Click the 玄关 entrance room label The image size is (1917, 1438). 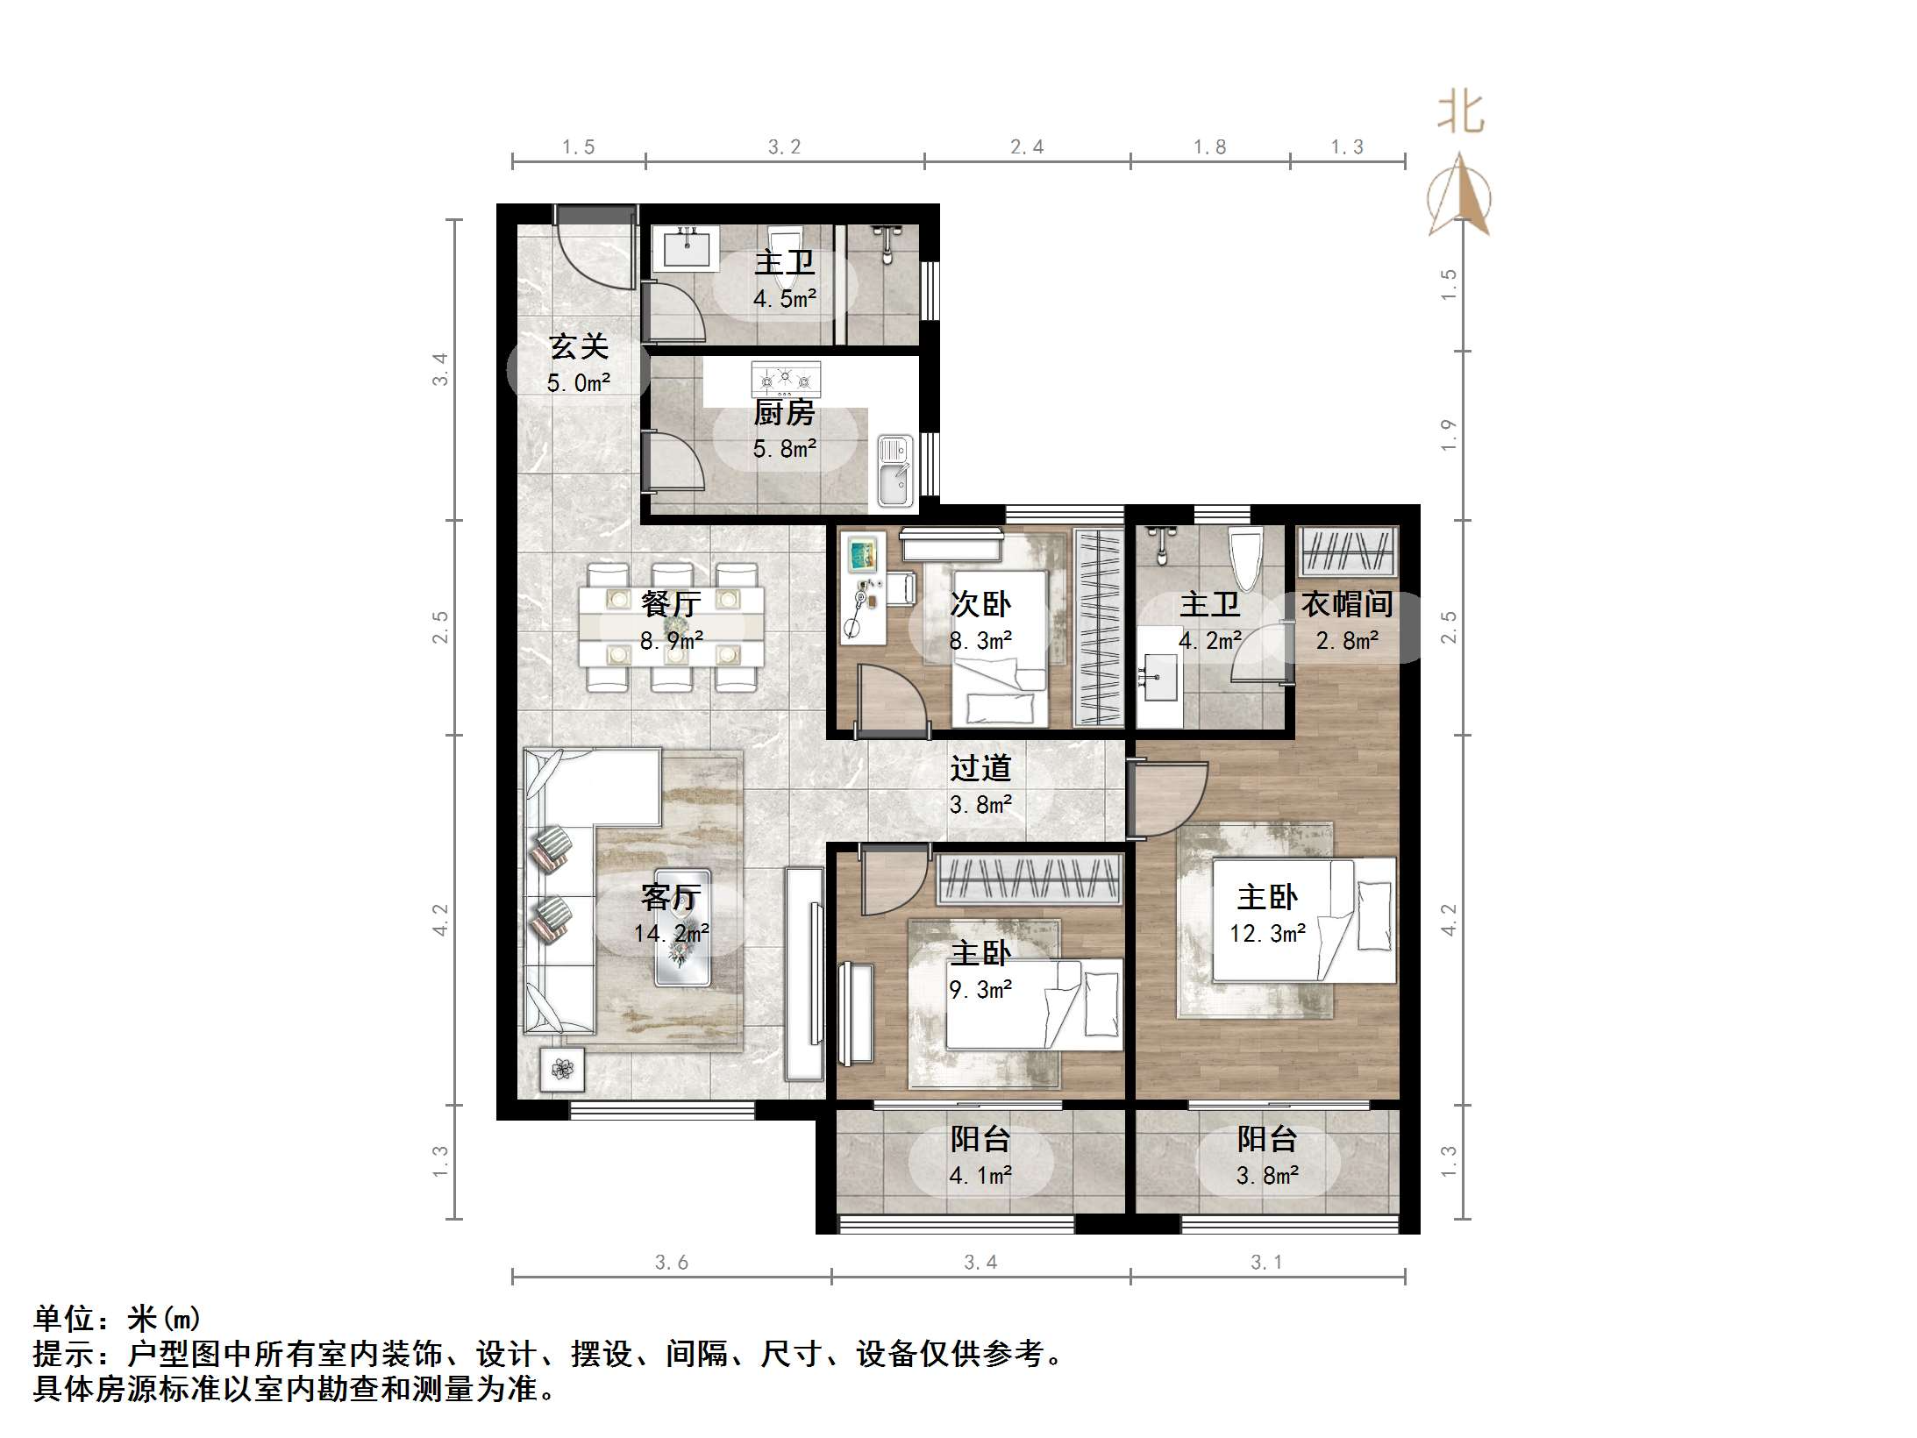tap(578, 347)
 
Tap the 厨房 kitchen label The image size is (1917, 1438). tap(784, 413)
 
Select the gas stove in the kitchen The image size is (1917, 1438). tap(786, 380)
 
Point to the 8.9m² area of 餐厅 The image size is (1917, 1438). tap(671, 641)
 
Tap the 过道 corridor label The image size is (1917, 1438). tap(980, 769)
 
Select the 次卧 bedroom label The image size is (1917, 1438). tap(980, 604)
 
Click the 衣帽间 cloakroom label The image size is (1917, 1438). tap(1346, 604)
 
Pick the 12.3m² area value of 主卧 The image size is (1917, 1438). tap(1267, 934)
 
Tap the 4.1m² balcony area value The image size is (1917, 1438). tap(980, 1175)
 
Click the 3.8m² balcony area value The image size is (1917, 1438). tap(1267, 1175)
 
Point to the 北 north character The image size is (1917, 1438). tap(1460, 113)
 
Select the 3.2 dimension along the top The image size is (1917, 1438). tap(784, 147)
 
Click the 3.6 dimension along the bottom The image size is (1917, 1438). tap(671, 1263)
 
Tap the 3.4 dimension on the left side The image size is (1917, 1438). tap(440, 368)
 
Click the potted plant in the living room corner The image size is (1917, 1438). tap(562, 1069)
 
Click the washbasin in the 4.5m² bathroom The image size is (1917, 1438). tap(687, 248)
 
